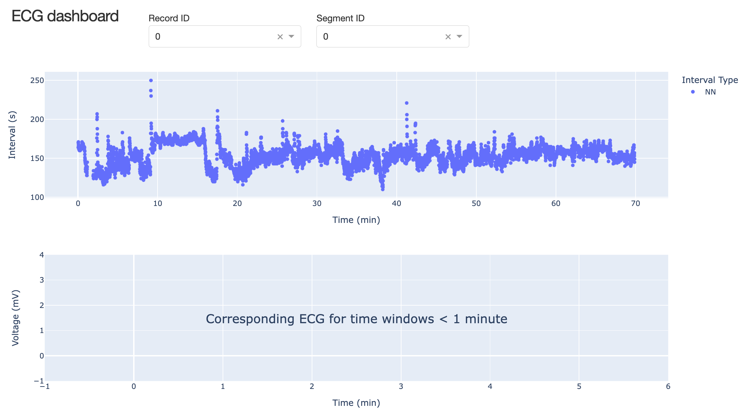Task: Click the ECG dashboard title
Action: (x=65, y=16)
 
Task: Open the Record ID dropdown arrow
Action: (x=291, y=37)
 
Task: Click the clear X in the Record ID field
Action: (x=280, y=37)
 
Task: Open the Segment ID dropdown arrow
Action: (x=459, y=37)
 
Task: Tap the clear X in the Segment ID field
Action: (x=448, y=37)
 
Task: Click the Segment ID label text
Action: (x=340, y=18)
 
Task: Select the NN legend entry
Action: (x=710, y=92)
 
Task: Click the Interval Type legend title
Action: (x=710, y=80)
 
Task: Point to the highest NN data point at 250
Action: (x=151, y=80)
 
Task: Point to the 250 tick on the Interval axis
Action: (x=37, y=81)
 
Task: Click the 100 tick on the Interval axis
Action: (x=37, y=198)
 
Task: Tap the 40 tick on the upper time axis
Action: (x=396, y=204)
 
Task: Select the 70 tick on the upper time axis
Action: (x=635, y=204)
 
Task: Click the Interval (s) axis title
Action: (x=12, y=135)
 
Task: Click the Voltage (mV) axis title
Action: (x=15, y=318)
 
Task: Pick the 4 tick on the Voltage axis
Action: (x=42, y=255)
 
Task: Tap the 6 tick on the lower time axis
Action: (x=668, y=387)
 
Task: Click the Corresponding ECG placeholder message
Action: (x=356, y=319)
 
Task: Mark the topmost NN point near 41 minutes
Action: (x=407, y=103)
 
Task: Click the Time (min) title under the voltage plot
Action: (x=356, y=403)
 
